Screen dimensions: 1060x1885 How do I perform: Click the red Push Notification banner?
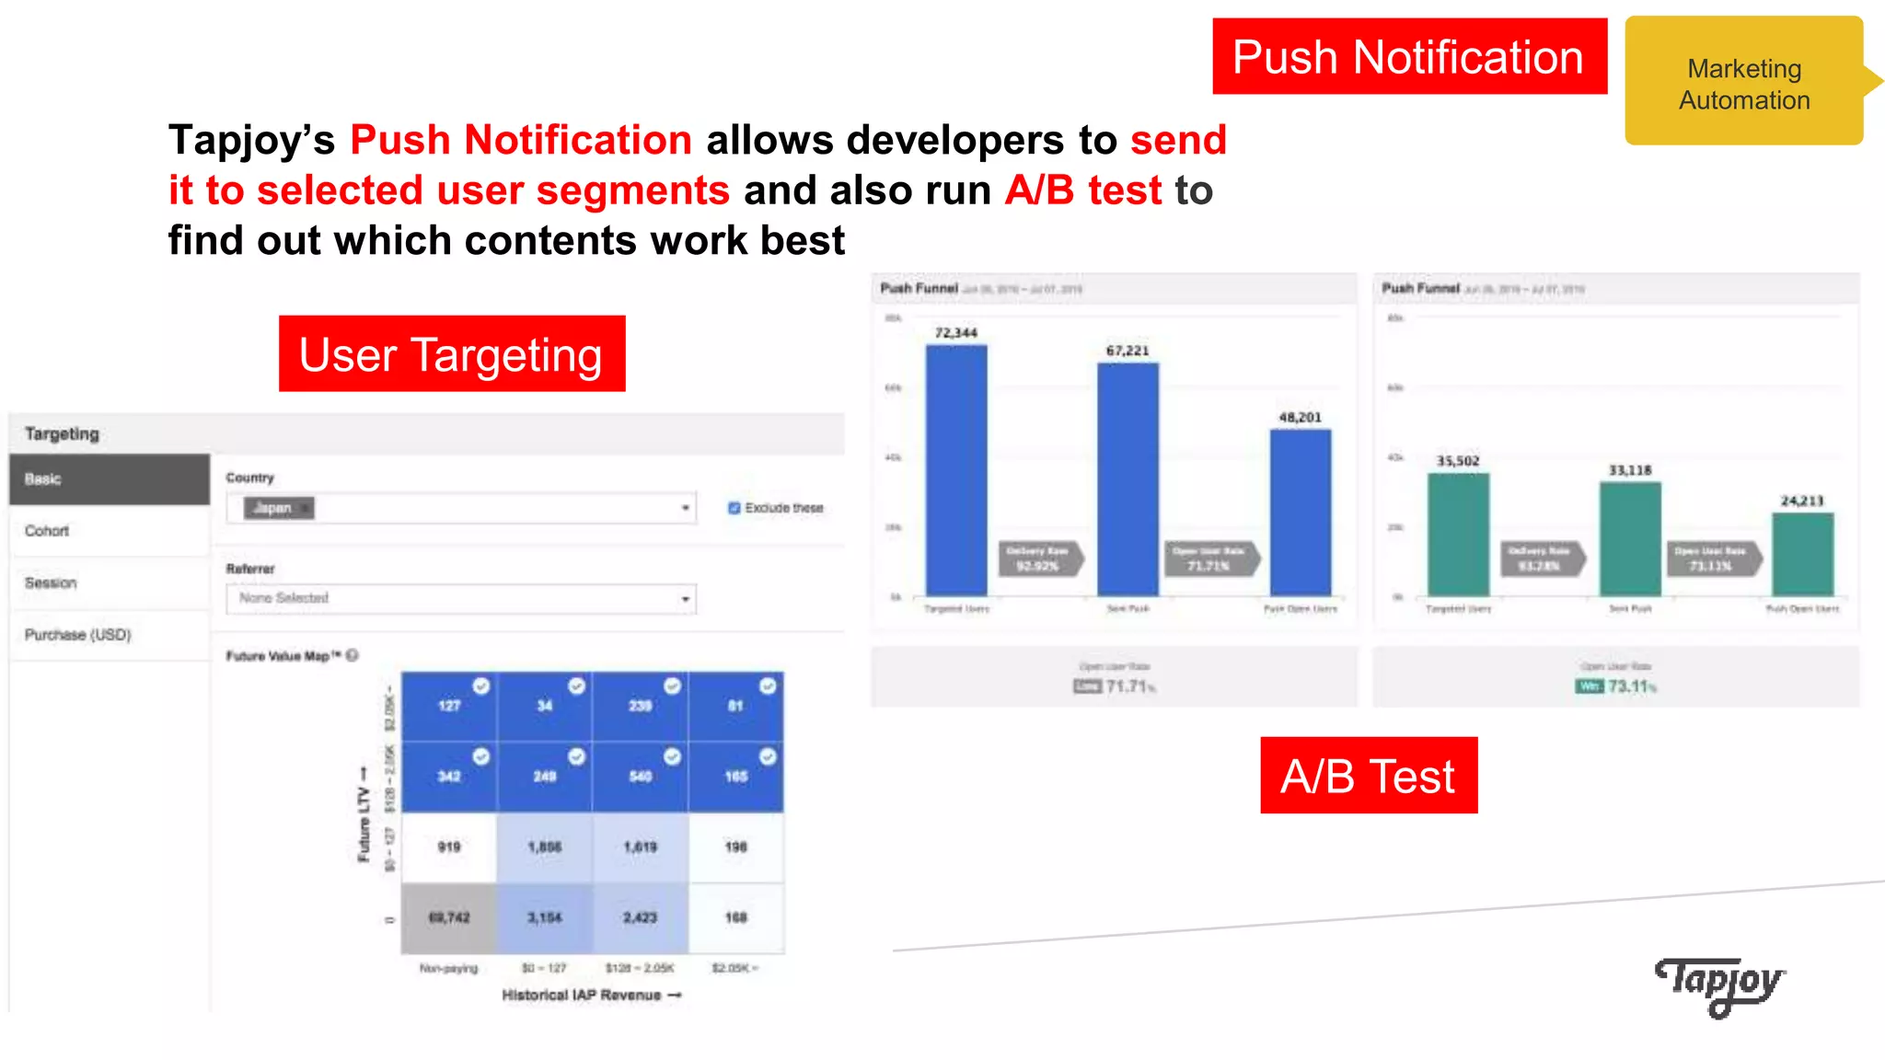click(1408, 57)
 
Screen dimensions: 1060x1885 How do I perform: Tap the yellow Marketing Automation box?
click(1742, 83)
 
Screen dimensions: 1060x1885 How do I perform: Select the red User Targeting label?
click(451, 354)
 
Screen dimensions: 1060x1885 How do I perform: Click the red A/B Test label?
click(1368, 776)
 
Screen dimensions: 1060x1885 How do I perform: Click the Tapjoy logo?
click(1719, 985)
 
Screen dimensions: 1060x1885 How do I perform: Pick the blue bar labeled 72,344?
click(956, 469)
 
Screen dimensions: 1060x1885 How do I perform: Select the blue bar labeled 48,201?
click(1300, 512)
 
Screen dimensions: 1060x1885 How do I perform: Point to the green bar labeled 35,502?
click(1458, 534)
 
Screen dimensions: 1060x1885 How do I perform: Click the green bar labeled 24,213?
click(1802, 554)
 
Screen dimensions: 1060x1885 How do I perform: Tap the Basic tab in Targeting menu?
click(109, 479)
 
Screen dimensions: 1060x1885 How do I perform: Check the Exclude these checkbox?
click(734, 508)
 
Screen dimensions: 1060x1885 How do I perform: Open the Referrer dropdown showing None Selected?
click(460, 598)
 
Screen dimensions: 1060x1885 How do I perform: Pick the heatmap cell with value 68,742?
click(449, 917)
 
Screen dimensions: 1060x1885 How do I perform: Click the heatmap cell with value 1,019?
click(640, 847)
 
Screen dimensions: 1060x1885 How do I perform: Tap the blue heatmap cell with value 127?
click(449, 706)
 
